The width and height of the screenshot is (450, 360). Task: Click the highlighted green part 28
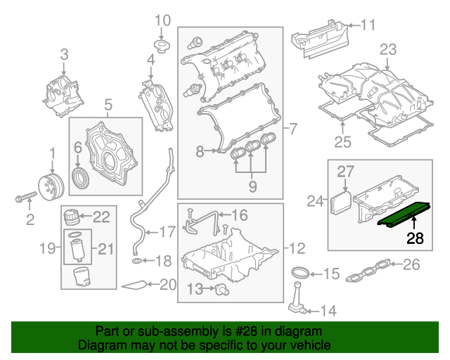tap(404, 214)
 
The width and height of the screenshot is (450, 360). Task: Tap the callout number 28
tap(415, 238)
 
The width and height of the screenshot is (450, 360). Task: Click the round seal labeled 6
tap(82, 176)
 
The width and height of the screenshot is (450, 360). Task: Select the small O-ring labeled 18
tap(136, 262)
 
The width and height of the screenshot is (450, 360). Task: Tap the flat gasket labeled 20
tap(135, 285)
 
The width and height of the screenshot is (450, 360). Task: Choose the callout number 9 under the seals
tap(252, 186)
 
